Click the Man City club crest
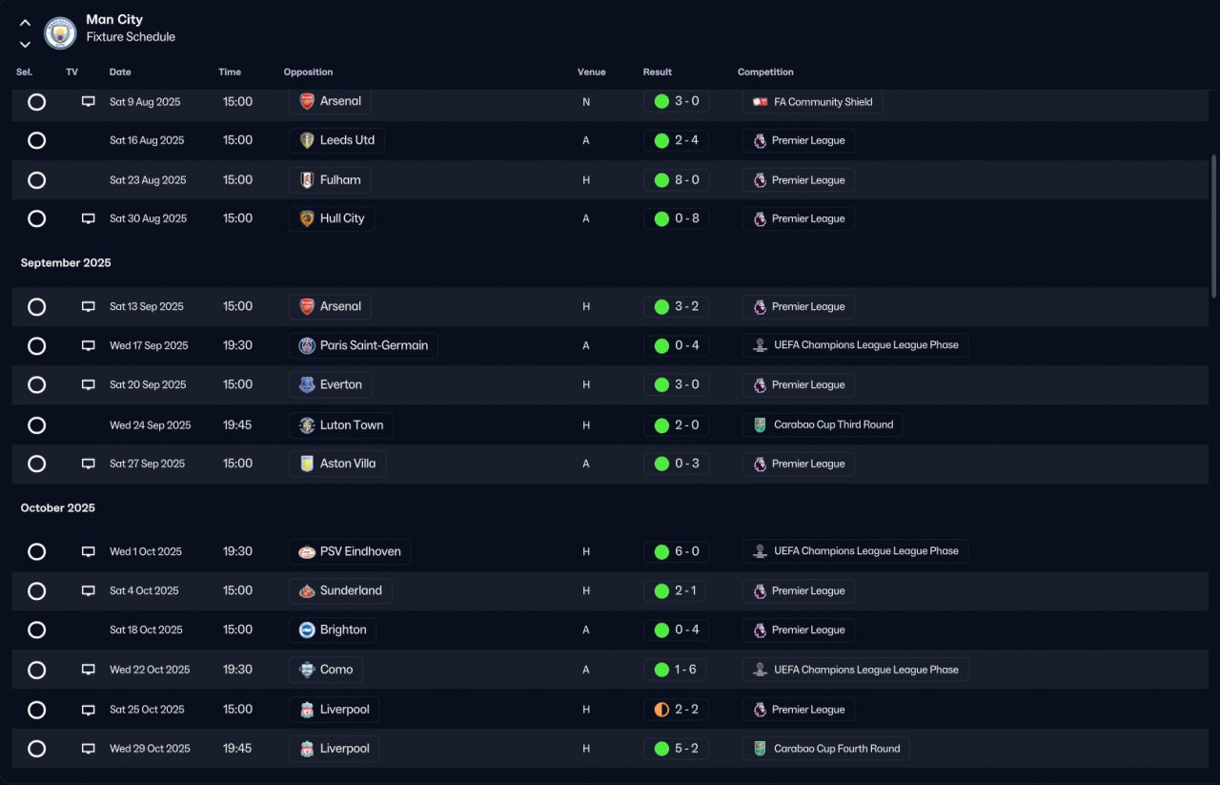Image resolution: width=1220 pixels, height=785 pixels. [x=60, y=32]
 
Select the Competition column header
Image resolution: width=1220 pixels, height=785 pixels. [x=765, y=72]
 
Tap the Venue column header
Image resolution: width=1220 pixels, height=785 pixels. [x=592, y=72]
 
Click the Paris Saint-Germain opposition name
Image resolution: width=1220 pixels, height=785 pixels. [x=374, y=345]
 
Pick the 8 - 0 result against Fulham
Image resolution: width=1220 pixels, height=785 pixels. [x=687, y=180]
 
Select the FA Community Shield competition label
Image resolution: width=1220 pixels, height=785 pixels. [x=823, y=102]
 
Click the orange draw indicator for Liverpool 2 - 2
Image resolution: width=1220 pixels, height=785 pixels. [x=661, y=710]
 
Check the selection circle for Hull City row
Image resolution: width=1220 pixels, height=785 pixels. [x=36, y=218]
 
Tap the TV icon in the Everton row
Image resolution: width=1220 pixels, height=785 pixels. [x=89, y=384]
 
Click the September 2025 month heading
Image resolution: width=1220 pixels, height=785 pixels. [x=66, y=262]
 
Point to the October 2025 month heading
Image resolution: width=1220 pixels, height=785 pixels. [x=58, y=508]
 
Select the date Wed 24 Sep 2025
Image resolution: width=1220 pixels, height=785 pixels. [x=151, y=425]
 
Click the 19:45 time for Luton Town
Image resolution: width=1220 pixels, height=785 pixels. [x=237, y=425]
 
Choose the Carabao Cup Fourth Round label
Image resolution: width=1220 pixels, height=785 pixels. [x=837, y=749]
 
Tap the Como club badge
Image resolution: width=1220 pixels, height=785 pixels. [x=307, y=670]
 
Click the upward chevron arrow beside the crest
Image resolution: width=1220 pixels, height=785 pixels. [x=25, y=23]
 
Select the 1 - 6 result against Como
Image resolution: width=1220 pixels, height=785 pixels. [x=685, y=670]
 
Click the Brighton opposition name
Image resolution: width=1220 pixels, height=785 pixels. [x=343, y=630]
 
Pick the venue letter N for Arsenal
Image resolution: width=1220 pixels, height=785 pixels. [x=586, y=102]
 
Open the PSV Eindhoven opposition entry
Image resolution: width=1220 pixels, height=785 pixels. [x=350, y=551]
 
